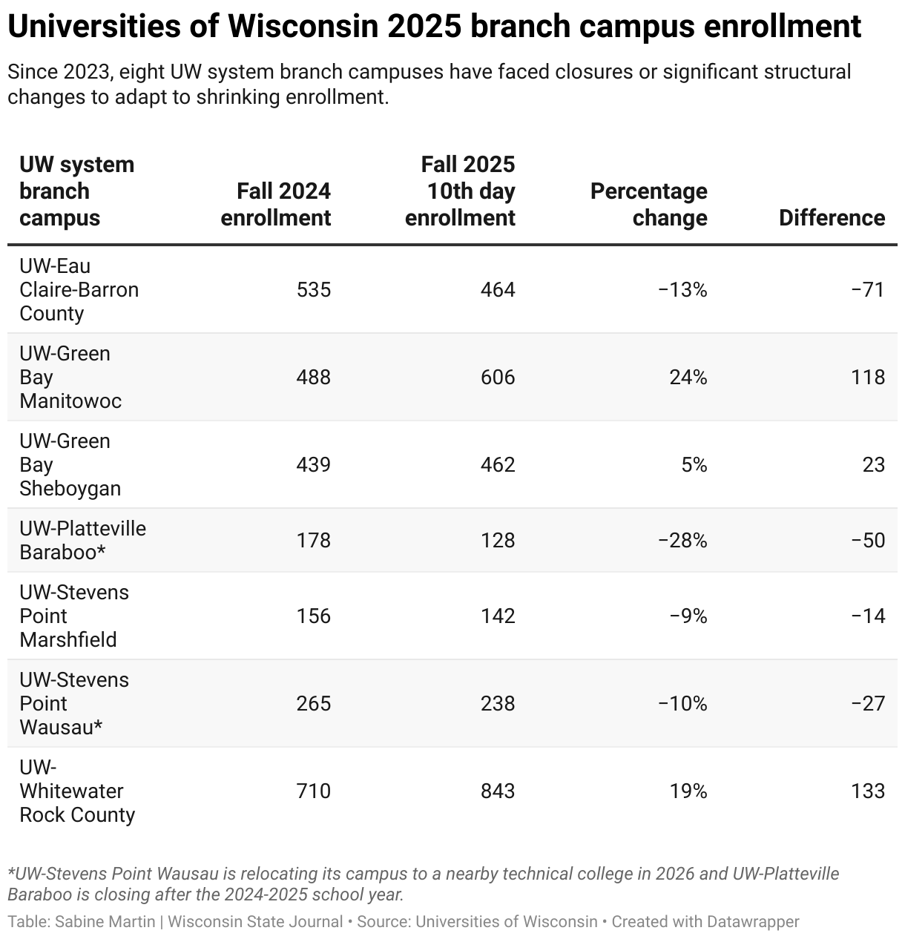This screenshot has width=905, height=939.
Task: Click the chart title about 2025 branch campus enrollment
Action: point(434,27)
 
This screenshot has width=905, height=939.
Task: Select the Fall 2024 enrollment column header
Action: point(276,205)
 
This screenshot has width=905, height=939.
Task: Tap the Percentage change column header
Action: point(648,205)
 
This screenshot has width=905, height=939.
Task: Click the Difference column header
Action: point(832,218)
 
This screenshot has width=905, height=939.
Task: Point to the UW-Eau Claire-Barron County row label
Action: point(79,289)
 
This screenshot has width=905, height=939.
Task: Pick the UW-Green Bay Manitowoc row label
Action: point(70,377)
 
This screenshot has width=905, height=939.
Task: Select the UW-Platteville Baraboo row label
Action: point(82,540)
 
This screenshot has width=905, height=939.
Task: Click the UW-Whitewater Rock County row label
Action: point(77,791)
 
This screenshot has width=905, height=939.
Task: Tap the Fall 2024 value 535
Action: point(313,289)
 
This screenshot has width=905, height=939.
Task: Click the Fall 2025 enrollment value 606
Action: point(497,377)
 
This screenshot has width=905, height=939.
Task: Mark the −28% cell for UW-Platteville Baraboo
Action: point(682,540)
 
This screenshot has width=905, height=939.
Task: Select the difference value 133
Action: point(868,791)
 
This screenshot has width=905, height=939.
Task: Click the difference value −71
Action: point(868,289)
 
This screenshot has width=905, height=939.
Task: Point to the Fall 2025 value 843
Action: point(497,791)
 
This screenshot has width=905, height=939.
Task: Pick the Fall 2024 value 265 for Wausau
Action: point(313,703)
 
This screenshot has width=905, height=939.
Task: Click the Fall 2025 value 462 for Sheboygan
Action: point(497,464)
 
